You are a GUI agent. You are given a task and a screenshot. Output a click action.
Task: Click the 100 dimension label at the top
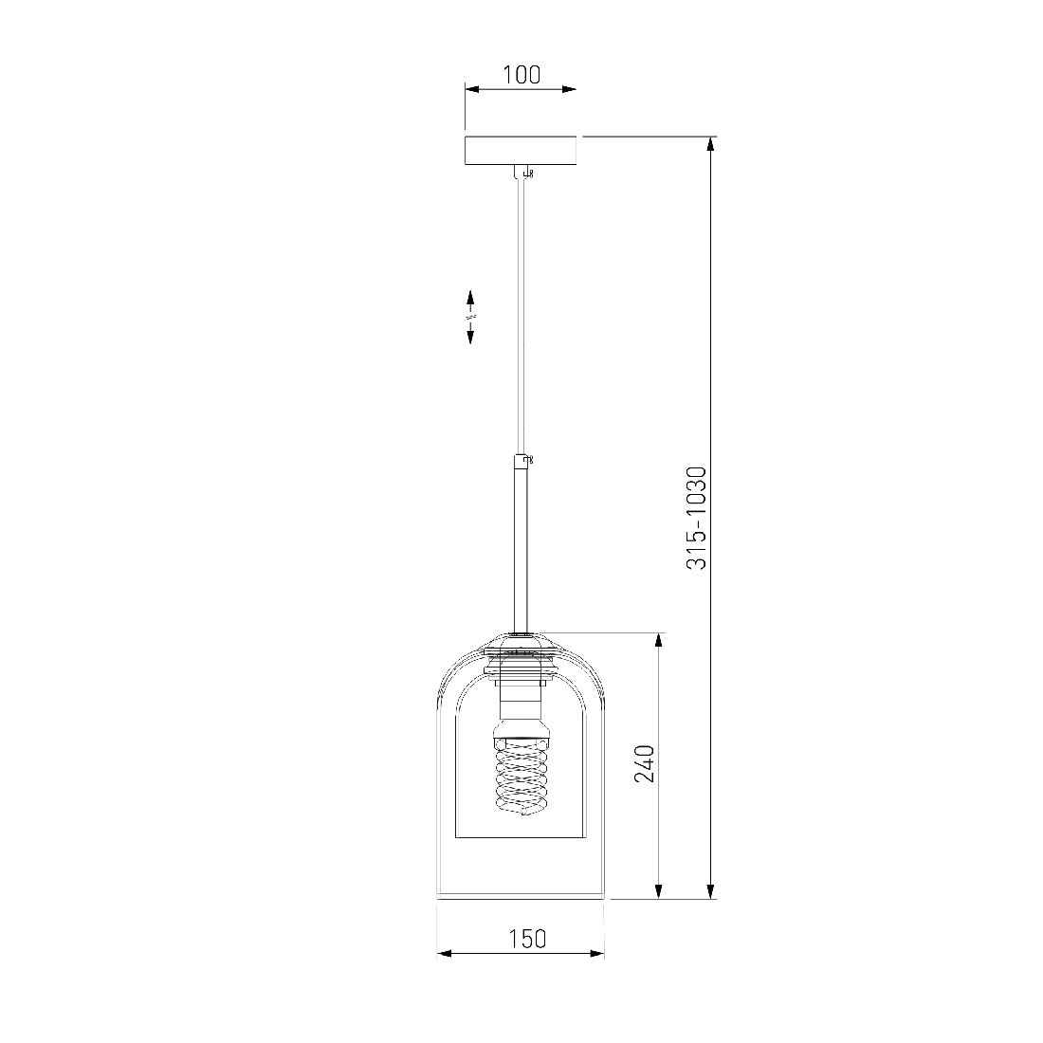coord(521,75)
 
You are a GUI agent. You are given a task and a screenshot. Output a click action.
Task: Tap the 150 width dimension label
coord(527,939)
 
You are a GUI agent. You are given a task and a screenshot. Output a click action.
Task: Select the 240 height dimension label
coord(644,763)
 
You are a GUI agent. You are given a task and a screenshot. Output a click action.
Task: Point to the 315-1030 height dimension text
coord(696,518)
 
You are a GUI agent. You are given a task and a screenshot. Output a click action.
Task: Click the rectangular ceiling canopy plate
coord(521,151)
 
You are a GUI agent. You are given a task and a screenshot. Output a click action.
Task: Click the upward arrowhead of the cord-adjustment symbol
coord(469,297)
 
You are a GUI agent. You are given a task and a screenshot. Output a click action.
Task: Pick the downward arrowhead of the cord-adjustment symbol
coord(469,336)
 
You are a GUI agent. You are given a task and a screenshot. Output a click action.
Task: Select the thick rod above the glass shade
coord(521,544)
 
